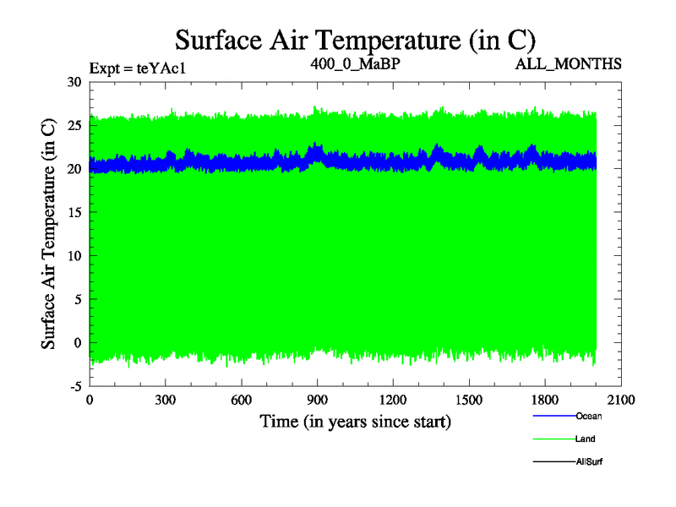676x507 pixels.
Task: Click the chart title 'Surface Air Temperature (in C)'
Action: coord(355,40)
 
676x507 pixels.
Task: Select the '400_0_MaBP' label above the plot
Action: coord(355,63)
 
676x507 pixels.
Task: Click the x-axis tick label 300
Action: coord(166,401)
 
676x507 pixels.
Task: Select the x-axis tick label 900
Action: coord(318,401)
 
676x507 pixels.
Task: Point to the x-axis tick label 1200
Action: coord(394,401)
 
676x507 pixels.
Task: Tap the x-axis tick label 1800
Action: coord(546,401)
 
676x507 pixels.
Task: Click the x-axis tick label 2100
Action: coord(621,401)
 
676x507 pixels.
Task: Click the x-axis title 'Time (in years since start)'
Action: coord(355,421)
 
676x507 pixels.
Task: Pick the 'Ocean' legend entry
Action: coord(589,416)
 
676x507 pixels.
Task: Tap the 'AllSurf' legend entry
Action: coord(591,461)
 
